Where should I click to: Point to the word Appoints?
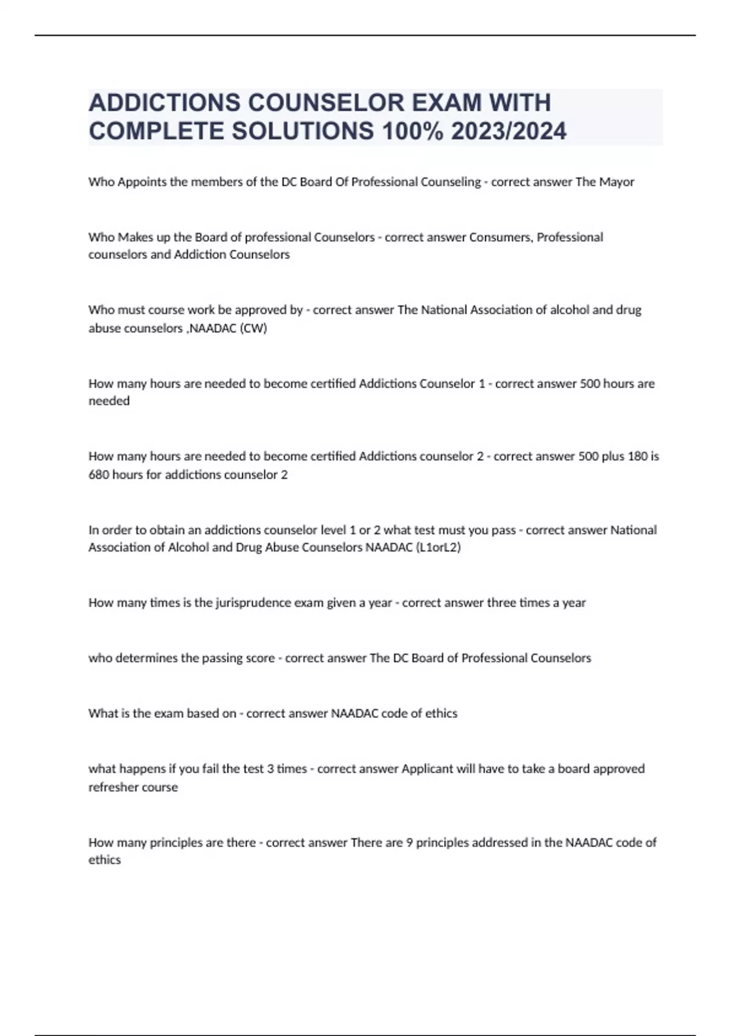click(x=143, y=182)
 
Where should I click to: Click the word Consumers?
click(x=501, y=237)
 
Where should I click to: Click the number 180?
click(x=637, y=456)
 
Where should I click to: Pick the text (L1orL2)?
click(x=437, y=547)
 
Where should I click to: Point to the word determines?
click(x=147, y=658)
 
